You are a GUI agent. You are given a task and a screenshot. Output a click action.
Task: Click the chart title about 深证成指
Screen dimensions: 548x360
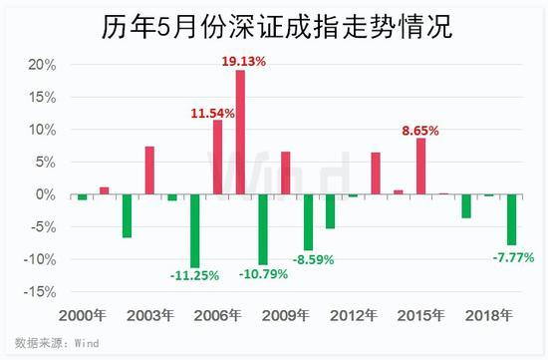(277, 27)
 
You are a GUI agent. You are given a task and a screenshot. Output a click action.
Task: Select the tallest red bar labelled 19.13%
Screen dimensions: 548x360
(240, 133)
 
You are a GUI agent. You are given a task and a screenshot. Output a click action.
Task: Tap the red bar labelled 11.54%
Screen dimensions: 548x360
(218, 158)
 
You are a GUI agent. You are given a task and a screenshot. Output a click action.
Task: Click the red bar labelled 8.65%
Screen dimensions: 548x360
(421, 167)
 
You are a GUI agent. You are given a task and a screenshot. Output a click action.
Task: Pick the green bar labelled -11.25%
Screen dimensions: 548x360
(195, 231)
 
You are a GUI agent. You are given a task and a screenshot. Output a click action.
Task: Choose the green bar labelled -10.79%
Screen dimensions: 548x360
(263, 229)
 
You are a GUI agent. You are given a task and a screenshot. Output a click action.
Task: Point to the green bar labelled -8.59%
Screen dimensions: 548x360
(308, 222)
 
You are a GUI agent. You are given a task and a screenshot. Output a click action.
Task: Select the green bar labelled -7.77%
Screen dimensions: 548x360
(511, 219)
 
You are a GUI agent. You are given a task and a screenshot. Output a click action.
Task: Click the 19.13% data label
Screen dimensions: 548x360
(244, 62)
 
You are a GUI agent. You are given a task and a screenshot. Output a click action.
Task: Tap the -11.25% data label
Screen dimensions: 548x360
(194, 275)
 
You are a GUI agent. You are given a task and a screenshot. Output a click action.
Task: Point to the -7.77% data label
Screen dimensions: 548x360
(513, 258)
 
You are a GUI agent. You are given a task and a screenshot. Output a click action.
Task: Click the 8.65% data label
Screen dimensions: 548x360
(420, 131)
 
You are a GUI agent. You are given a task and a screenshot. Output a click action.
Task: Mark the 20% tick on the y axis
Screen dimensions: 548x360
(42, 65)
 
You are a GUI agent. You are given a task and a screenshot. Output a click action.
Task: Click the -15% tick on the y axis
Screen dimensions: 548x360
(40, 292)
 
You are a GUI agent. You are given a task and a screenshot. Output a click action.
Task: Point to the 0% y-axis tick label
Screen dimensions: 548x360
(46, 194)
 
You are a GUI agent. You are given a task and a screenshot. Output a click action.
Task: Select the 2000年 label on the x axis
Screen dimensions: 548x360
(83, 315)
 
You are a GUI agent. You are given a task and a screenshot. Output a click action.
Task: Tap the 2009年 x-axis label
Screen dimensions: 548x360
(286, 315)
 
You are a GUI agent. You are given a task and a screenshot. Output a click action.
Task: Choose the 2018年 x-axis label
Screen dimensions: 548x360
(489, 315)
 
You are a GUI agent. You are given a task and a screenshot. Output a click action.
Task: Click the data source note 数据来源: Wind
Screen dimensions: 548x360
(57, 343)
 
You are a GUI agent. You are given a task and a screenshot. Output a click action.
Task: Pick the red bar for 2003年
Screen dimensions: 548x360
(149, 171)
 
